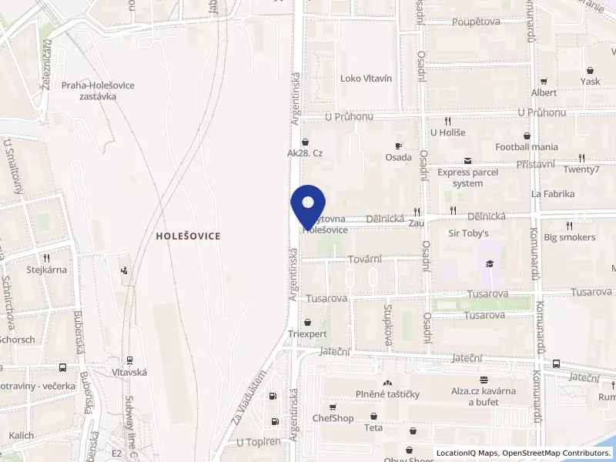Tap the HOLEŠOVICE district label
pos(188,236)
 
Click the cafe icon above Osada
pos(399,146)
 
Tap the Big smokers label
pos(569,237)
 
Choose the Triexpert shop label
pos(308,334)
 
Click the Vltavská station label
pos(129,372)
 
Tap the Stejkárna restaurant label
pos(47,269)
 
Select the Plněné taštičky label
pos(387,394)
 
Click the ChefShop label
pos(333,418)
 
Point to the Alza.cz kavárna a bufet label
pos(484,396)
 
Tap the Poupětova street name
pos(476,22)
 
